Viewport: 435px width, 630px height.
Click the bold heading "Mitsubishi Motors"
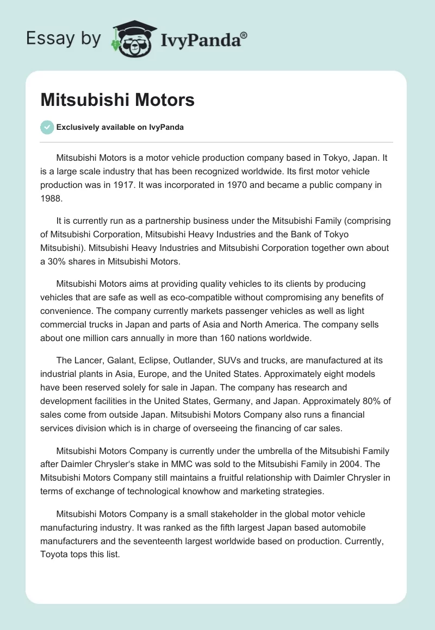coord(117,99)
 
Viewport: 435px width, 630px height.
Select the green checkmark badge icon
coord(47,127)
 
